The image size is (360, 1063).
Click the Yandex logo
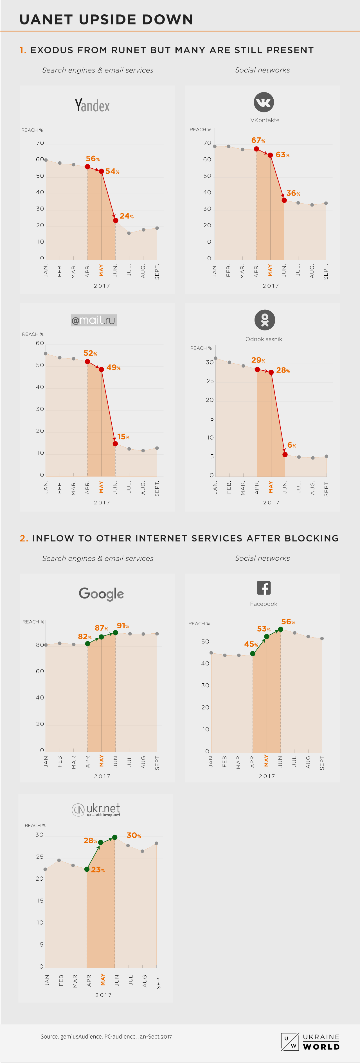92,106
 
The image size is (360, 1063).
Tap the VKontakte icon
264,102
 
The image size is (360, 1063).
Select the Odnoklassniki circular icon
265,320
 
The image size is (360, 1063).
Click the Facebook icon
264,588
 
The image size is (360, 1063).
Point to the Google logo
101,594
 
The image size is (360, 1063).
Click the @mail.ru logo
94,320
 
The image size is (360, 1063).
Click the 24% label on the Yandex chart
126,216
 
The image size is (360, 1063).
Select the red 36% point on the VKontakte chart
284,200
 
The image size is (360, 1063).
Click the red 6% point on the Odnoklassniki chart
285,454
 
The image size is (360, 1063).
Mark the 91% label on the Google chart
123,625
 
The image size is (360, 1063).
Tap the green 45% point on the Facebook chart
253,653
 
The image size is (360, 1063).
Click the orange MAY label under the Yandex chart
102,270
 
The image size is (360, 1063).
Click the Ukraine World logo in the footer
310,1042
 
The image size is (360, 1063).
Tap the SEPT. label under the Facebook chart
322,762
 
